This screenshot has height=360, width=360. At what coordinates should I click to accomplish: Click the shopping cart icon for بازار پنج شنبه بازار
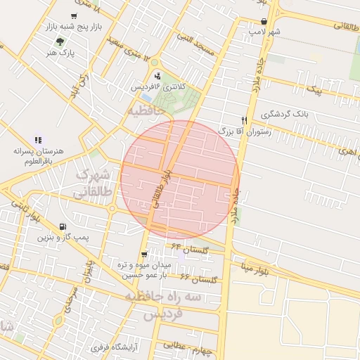(x=75, y=15)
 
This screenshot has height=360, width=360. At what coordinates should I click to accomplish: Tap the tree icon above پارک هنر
(x=60, y=41)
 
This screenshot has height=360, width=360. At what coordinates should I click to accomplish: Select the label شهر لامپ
(x=264, y=32)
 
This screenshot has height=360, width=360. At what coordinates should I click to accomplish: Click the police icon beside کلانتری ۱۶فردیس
(x=157, y=75)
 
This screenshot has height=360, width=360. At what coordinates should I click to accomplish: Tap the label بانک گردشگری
(x=285, y=114)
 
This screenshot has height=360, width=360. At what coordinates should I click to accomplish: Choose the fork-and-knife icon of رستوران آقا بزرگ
(x=244, y=120)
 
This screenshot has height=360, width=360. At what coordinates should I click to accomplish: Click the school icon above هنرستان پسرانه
(x=38, y=140)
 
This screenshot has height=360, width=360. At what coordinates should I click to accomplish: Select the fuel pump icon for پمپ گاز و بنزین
(x=64, y=226)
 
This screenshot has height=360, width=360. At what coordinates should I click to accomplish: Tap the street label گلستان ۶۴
(x=187, y=247)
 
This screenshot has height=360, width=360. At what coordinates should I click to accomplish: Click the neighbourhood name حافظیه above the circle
(x=146, y=110)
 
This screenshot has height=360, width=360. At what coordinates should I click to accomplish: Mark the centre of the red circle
(x=180, y=179)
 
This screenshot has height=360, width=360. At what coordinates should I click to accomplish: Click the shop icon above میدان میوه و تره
(x=144, y=255)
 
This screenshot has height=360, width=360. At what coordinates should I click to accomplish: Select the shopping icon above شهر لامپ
(x=264, y=21)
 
